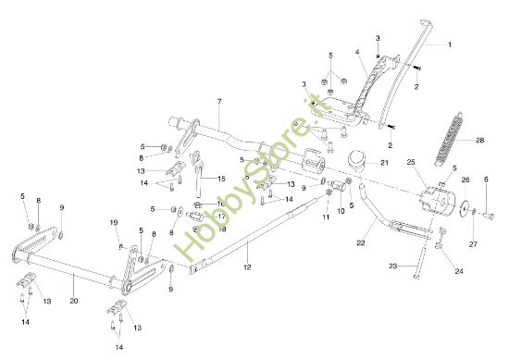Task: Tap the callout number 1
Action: coord(450,44)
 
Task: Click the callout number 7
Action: coord(219,100)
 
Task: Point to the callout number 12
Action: coord(247,267)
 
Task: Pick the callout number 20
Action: coord(74,301)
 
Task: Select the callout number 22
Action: coord(361,242)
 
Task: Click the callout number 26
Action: coord(466,180)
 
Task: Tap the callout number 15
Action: coord(221,178)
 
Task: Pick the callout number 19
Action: coord(114,223)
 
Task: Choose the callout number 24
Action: coord(459,271)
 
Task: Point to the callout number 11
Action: coord(326,217)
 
